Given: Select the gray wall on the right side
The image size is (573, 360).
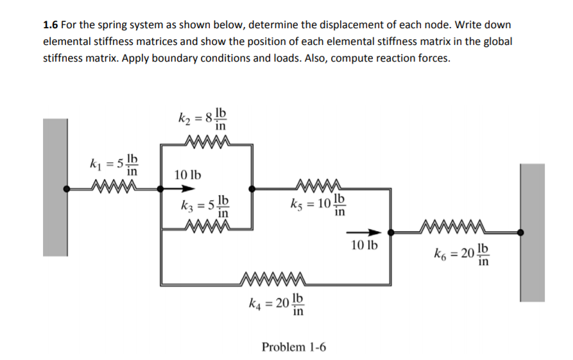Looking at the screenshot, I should point(532,232).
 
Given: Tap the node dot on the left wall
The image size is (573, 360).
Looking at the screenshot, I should point(66,189).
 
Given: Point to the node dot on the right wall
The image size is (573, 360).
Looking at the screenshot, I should point(520,233).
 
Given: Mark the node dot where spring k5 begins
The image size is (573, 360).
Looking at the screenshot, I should point(252,189).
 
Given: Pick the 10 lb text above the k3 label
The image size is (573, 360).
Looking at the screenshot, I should point(187,174).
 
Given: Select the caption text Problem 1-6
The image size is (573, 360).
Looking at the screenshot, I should point(293,347).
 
